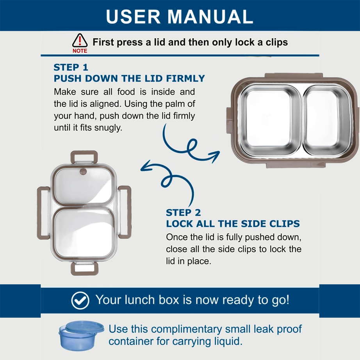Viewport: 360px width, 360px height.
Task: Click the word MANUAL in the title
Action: point(210,16)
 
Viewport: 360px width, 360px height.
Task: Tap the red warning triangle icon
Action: point(80,41)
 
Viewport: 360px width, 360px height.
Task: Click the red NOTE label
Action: point(80,51)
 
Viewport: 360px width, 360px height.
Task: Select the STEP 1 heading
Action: point(71,67)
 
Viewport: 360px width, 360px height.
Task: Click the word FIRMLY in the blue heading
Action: point(185,78)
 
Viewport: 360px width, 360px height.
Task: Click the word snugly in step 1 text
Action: point(108,128)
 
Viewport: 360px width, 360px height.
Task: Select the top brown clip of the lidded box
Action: point(84,157)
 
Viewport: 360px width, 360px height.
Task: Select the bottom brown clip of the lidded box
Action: point(84,268)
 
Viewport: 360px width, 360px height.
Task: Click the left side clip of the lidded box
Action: point(43,213)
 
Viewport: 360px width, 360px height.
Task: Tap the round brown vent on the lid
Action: point(83,171)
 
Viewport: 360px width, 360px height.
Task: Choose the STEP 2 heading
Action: point(183,212)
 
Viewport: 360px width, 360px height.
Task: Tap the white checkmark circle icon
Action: point(80,301)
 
